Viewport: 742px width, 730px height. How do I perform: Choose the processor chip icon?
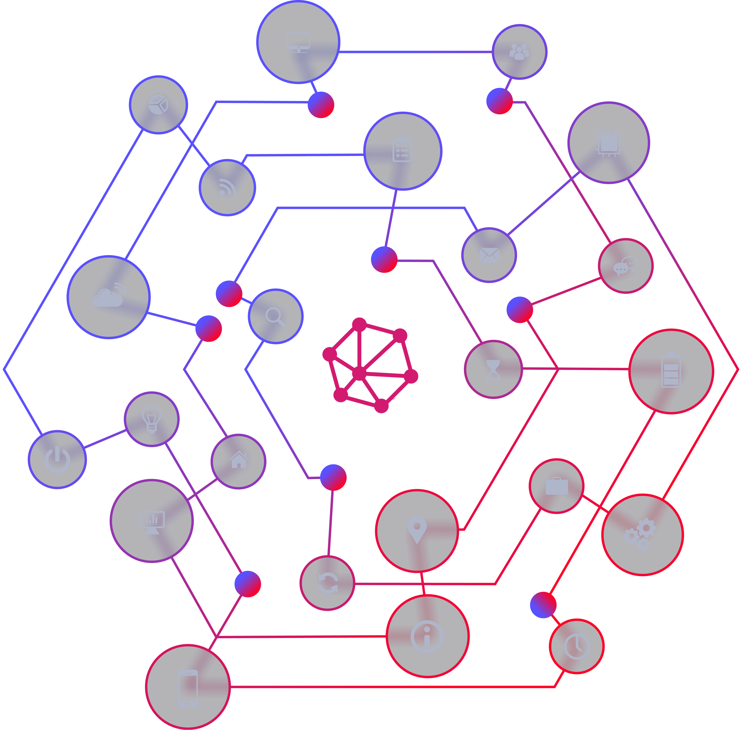click(x=609, y=143)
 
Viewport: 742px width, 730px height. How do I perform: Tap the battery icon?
click(x=671, y=370)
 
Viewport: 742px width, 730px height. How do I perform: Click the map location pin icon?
click(x=417, y=530)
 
